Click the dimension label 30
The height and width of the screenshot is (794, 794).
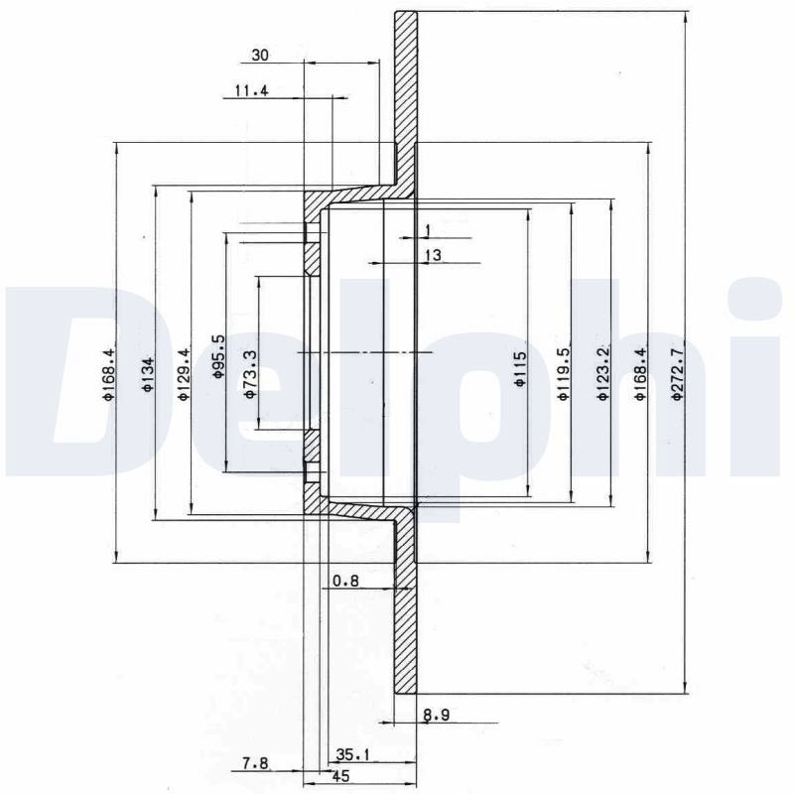coord(260,55)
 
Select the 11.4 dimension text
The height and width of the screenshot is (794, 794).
coord(252,90)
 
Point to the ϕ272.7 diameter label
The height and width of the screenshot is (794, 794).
coord(677,371)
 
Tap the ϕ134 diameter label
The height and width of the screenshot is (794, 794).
coord(148,374)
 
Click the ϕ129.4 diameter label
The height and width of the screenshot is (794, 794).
coord(184,374)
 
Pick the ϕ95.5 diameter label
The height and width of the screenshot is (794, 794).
coord(218,356)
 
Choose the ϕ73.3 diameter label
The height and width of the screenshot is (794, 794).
coord(250,375)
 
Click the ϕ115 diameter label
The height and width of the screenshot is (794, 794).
coord(520,369)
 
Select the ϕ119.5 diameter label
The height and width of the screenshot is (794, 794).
coord(563,374)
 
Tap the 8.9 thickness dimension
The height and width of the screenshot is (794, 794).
coord(436,715)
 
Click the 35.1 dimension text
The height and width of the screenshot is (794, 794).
coord(353,755)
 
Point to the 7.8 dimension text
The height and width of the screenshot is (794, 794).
coord(255,762)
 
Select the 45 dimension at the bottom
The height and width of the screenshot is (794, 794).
coord(340,776)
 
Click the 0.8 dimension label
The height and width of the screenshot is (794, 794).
coord(345,581)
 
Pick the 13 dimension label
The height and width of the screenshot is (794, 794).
coord(433,256)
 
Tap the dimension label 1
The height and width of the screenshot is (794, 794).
coord(428,231)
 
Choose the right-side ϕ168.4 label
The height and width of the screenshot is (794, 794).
coord(641,374)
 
